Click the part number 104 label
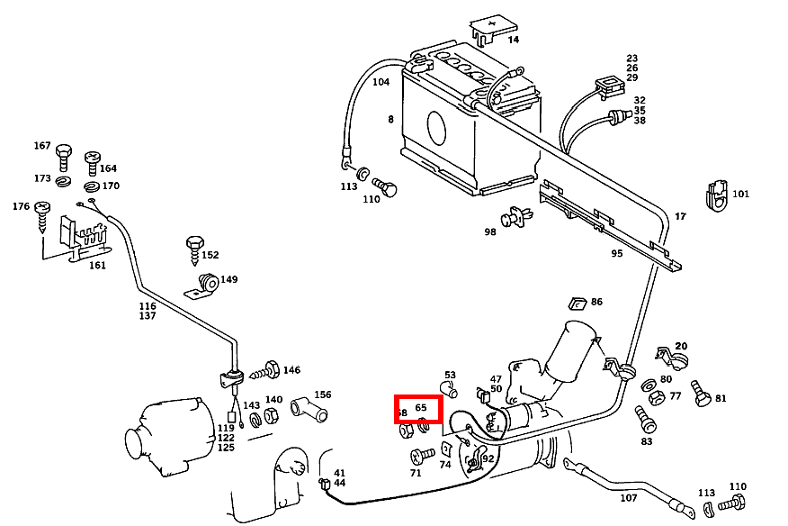(381, 82)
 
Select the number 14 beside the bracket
(513, 40)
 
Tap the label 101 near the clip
(740, 194)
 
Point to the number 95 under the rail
(616, 253)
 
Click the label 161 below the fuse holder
(96, 266)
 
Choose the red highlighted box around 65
(418, 409)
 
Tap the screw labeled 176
(42, 214)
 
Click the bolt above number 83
(644, 417)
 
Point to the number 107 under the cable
(628, 497)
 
